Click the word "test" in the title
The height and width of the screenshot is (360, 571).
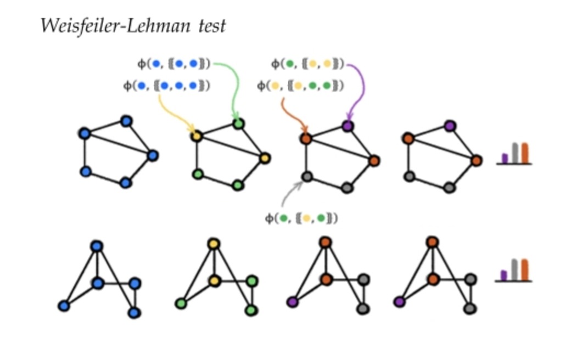212,26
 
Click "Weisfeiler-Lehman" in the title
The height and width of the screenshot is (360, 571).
116,26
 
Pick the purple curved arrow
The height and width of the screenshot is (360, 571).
360,88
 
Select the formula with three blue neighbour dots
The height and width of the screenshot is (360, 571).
167,86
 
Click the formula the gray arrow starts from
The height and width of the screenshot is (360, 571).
301,218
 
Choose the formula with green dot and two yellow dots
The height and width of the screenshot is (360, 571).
307,64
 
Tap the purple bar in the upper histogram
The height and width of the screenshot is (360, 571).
505,158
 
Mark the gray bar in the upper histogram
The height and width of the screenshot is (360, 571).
515,153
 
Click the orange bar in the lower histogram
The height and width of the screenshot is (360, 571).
524,269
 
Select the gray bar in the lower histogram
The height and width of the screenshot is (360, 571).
514,269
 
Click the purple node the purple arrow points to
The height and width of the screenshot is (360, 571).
347,126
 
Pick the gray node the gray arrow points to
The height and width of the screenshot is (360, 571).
307,177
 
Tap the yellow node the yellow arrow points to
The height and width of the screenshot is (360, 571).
197,135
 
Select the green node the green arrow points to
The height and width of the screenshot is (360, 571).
238,124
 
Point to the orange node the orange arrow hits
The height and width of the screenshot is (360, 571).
306,138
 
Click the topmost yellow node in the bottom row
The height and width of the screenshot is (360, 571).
214,244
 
